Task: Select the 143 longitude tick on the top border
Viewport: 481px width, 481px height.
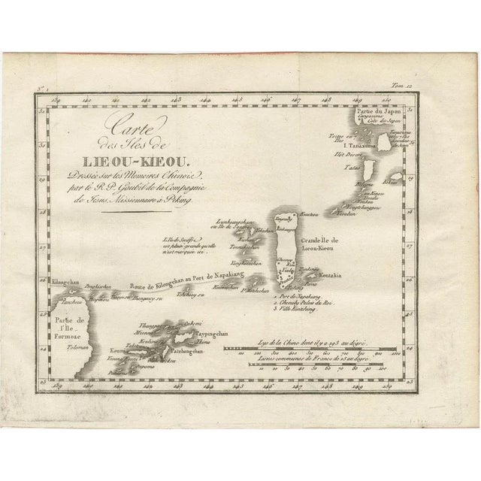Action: [176, 98]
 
